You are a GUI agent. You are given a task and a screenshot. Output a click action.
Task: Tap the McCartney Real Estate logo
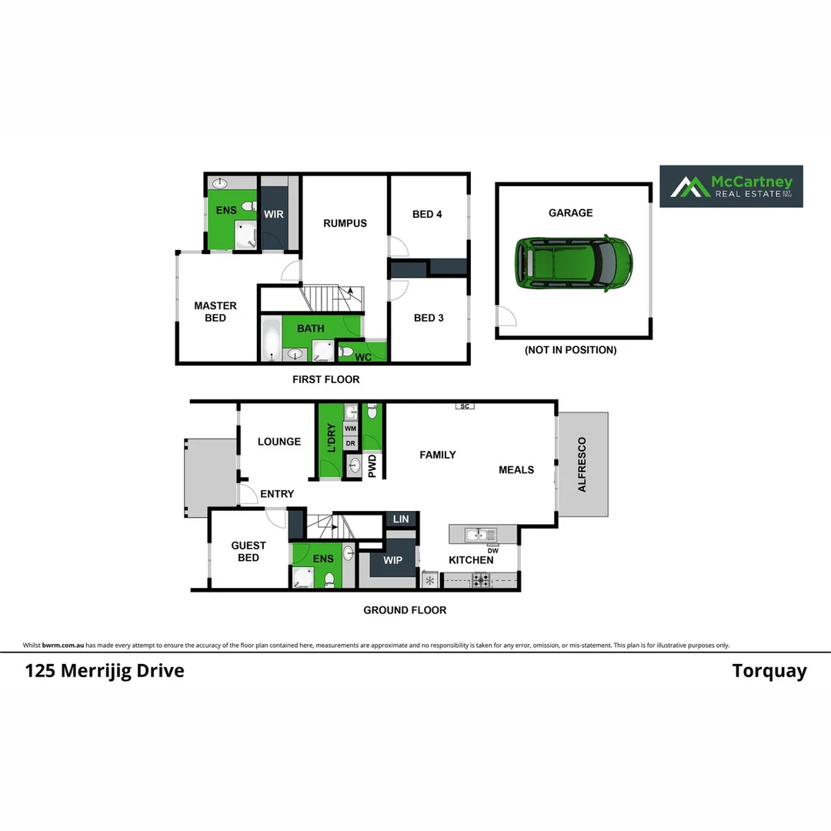[x=731, y=186]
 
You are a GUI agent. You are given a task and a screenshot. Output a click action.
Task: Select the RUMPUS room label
[x=345, y=223]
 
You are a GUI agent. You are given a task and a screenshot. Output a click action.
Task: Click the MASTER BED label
[x=215, y=312]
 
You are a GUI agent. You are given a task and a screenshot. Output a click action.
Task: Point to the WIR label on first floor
[x=274, y=214]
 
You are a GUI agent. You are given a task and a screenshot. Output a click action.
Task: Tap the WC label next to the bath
[x=363, y=357]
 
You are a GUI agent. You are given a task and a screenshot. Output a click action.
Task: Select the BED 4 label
[x=427, y=214]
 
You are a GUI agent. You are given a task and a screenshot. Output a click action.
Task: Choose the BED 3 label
[x=429, y=318]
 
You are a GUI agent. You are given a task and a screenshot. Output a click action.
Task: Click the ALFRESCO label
[x=582, y=465]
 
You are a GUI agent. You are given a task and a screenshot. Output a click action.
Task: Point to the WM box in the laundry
[x=351, y=429]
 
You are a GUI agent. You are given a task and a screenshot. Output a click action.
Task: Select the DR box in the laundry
[x=351, y=444]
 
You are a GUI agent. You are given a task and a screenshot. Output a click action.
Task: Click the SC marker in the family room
[x=464, y=405]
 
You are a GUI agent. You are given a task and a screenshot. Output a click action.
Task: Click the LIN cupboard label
[x=401, y=520]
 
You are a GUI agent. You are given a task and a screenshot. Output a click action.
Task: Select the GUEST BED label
[x=249, y=551]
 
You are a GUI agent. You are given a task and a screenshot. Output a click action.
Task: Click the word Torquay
[x=769, y=671]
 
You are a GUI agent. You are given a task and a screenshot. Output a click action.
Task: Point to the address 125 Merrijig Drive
[x=105, y=671]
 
